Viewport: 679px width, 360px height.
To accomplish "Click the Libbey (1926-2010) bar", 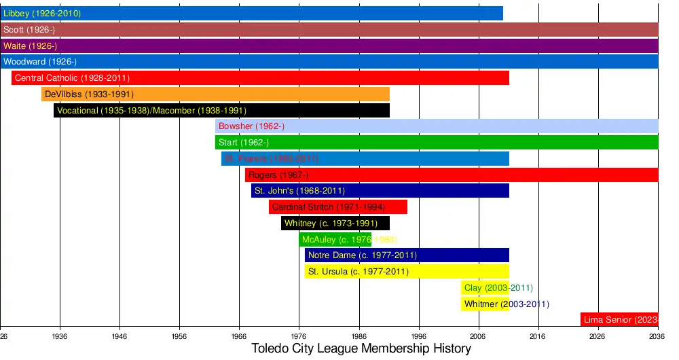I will click(x=251, y=14).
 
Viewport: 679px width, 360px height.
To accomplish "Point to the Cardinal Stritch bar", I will click(x=337, y=207).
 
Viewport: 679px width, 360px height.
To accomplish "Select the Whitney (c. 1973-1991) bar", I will click(x=335, y=223).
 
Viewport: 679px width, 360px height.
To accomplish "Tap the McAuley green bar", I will click(x=335, y=240).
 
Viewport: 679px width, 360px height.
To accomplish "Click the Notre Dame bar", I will click(x=407, y=255).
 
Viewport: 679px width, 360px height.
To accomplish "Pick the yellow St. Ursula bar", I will click(x=407, y=272).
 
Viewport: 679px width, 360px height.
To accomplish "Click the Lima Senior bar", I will click(x=619, y=319).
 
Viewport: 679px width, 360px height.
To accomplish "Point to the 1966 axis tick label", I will click(x=239, y=336).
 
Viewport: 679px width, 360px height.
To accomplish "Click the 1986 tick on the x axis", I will click(x=359, y=336).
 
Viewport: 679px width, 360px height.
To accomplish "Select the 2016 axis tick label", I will click(x=538, y=336).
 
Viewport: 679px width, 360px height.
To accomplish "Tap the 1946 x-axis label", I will click(x=120, y=336).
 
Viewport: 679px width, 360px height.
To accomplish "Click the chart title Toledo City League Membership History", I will click(x=361, y=349).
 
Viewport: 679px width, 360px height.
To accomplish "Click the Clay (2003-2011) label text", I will click(x=498, y=288).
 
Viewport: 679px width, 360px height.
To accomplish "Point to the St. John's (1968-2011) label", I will click(x=299, y=191).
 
